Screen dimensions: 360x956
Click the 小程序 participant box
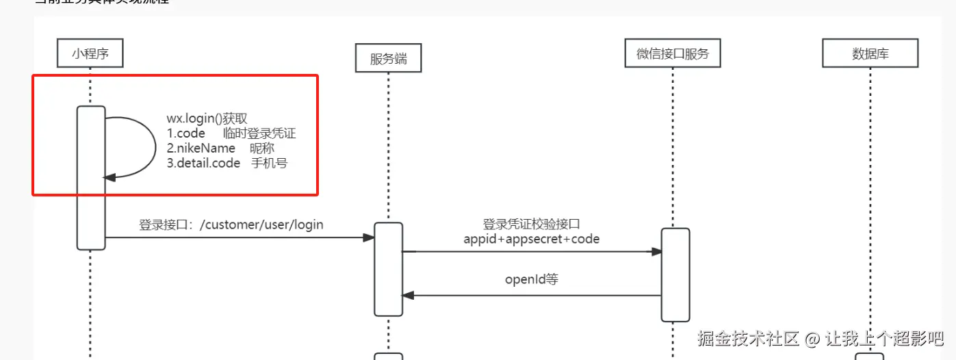click(90, 53)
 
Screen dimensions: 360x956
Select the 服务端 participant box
click(388, 58)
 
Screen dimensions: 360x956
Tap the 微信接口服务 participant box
click(673, 53)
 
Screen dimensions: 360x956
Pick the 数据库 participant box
click(870, 53)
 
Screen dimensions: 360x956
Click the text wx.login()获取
click(211, 118)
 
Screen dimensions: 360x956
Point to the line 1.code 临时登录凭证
click(231, 133)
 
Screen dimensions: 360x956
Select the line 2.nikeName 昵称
click(220, 149)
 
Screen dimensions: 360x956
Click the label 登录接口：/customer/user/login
click(231, 224)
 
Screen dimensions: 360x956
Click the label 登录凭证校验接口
click(531, 224)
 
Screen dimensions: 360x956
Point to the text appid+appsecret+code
click(531, 239)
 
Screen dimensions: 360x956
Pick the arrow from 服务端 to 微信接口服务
click(531, 252)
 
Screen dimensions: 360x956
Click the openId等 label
click(532, 279)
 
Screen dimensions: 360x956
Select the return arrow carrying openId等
click(531, 296)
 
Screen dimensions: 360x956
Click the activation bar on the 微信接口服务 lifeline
click(675, 274)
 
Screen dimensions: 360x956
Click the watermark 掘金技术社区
click(749, 338)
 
